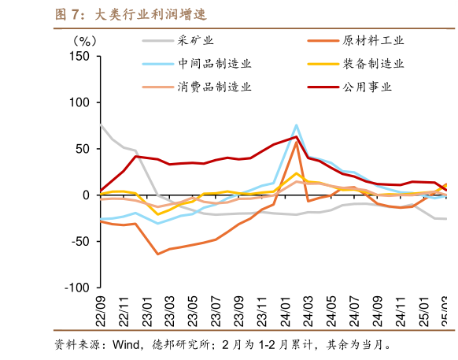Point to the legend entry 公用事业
366,87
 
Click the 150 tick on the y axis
80,57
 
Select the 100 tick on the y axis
80,102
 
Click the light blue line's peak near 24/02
296,125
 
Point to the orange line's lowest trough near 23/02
158,254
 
